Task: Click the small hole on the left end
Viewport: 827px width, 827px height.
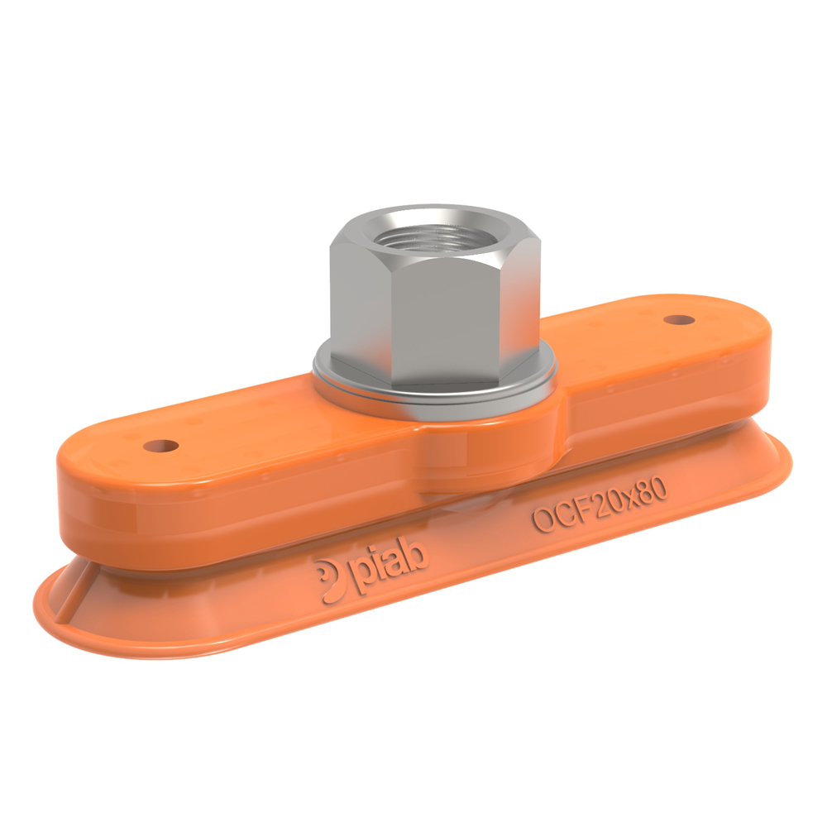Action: click(x=161, y=446)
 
